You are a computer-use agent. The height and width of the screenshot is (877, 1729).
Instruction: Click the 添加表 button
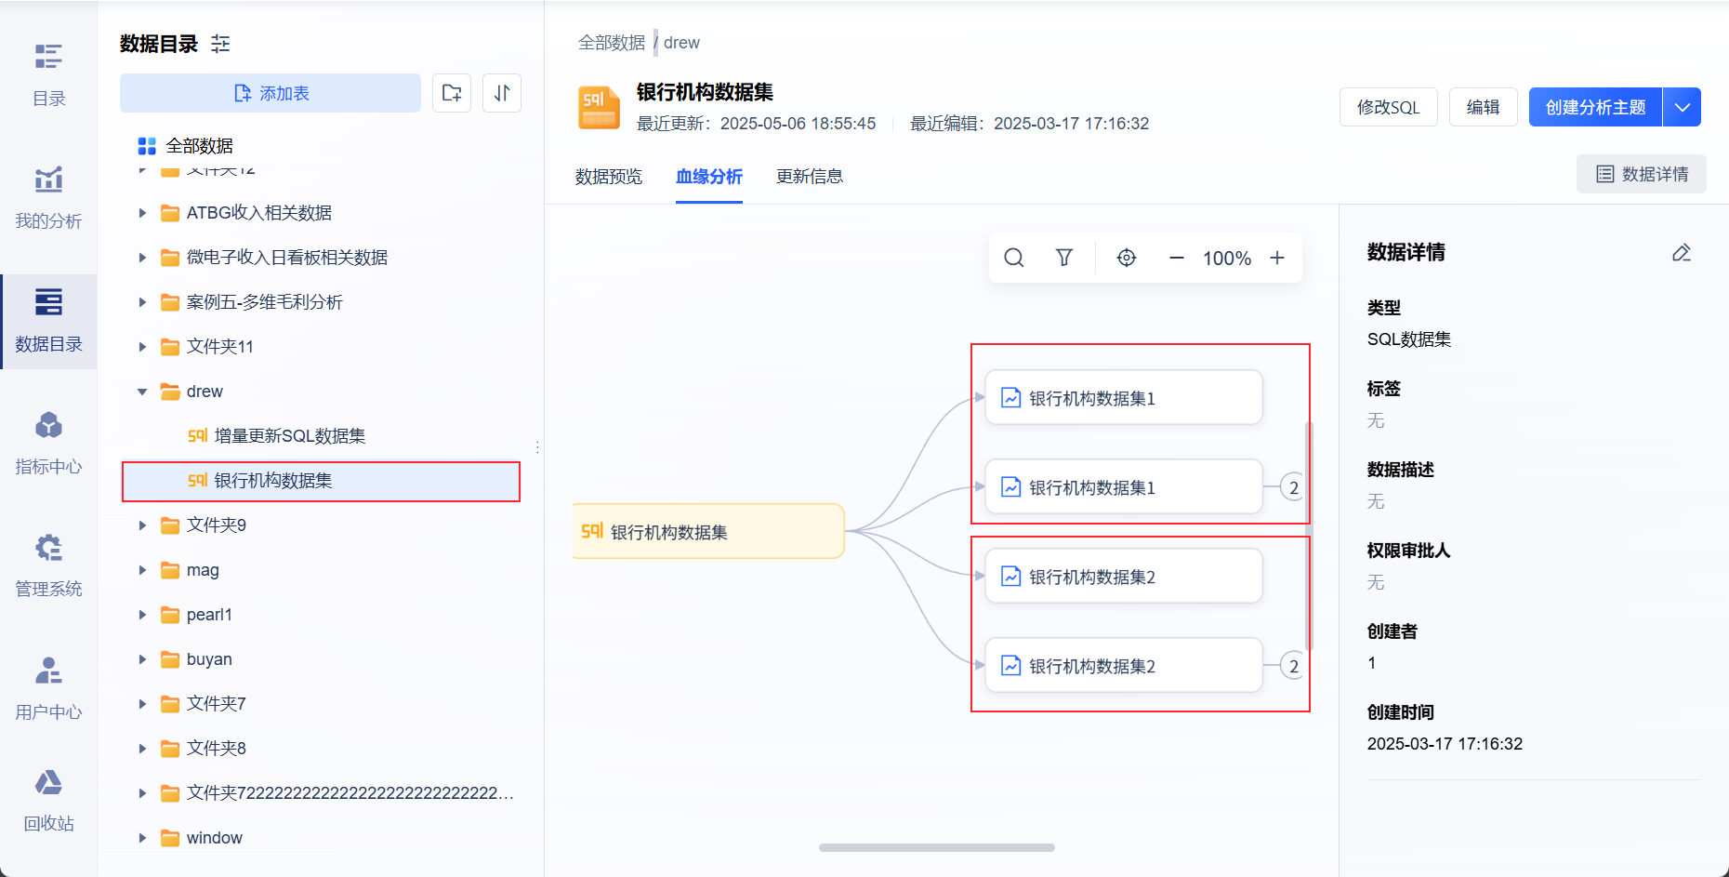271,93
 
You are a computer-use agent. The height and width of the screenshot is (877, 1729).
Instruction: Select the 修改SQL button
1388,107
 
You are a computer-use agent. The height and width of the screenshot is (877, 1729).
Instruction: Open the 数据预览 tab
608,177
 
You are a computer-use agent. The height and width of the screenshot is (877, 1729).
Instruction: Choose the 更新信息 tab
809,177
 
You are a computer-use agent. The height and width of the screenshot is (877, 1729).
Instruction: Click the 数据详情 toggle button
1641,174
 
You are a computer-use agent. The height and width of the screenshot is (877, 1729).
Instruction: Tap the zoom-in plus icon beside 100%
1277,258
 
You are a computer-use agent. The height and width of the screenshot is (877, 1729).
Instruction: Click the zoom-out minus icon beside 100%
1176,258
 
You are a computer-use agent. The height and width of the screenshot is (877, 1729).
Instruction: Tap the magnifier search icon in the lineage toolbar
1014,258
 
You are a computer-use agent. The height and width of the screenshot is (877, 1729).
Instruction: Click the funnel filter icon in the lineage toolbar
1064,258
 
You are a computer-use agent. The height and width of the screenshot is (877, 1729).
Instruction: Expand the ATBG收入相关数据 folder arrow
142,213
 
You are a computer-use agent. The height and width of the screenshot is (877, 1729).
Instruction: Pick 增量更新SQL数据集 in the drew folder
289,436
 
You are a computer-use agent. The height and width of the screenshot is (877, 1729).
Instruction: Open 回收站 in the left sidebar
48,799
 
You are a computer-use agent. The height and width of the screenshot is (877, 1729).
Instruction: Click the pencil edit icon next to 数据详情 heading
1681,253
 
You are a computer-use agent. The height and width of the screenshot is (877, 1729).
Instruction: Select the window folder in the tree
214,838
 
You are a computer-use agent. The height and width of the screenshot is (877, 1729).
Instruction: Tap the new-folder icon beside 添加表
452,93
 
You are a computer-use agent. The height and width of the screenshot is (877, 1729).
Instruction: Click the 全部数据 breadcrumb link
611,43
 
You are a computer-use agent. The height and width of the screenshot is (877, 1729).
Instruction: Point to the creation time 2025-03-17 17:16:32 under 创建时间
1445,744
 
